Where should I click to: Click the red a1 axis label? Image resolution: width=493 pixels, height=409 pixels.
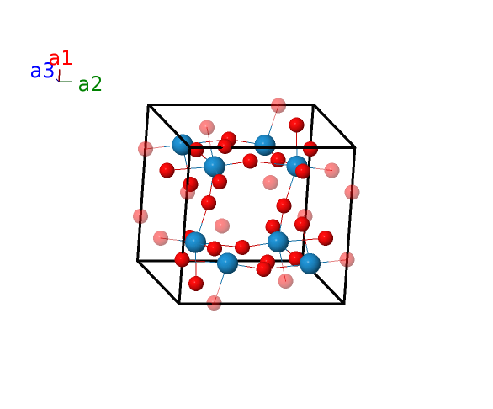point(61,58)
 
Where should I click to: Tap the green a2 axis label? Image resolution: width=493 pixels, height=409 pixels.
point(90,84)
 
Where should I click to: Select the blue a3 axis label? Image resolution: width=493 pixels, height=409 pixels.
point(42,71)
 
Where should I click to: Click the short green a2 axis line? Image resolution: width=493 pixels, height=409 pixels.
point(66,82)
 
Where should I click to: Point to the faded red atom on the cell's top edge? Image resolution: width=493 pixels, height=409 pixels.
point(278,105)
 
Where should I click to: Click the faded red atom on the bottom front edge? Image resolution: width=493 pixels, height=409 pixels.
point(215,303)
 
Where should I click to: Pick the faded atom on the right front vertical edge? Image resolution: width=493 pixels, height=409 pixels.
point(352,192)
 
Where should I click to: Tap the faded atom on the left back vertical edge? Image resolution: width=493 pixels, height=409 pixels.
point(140,216)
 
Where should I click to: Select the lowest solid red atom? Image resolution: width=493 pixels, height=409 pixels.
point(196,284)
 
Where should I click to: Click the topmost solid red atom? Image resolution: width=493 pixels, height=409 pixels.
point(296,125)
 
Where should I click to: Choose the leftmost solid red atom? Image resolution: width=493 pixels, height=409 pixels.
point(167,170)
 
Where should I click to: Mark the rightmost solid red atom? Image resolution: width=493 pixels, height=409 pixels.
point(326,238)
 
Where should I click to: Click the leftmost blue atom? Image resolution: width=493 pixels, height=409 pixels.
point(183,145)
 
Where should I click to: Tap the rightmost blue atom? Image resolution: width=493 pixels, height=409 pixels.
point(310,263)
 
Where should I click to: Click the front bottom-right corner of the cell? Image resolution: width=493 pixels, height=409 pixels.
point(344,304)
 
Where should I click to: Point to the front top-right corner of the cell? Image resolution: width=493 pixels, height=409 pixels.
point(355,147)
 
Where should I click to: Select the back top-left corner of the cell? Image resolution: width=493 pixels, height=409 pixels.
point(148,104)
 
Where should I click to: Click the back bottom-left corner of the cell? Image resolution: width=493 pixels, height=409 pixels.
point(138,261)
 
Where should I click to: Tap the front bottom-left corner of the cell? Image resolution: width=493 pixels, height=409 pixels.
point(179,304)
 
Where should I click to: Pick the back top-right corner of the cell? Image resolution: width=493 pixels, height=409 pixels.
point(314,104)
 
